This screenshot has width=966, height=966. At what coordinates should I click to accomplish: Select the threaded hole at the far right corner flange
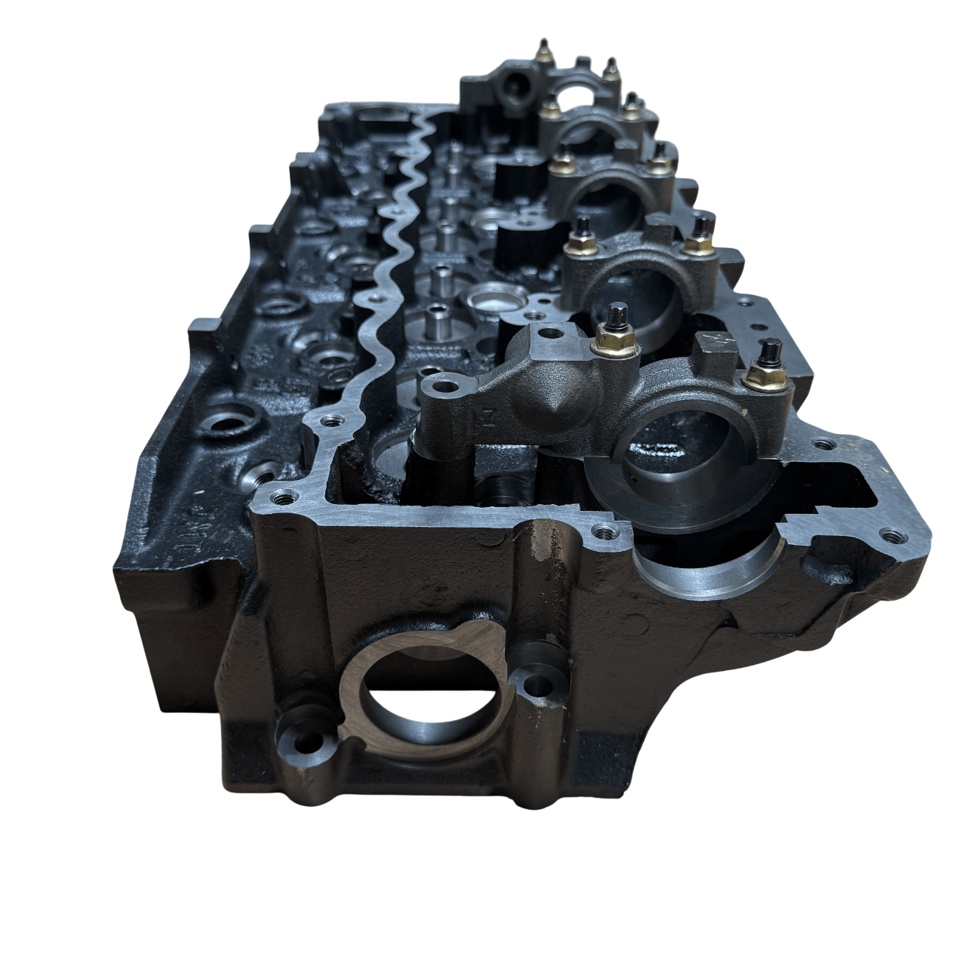click(893, 537)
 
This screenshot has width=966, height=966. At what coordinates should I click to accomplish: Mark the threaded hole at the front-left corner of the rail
click(285, 498)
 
